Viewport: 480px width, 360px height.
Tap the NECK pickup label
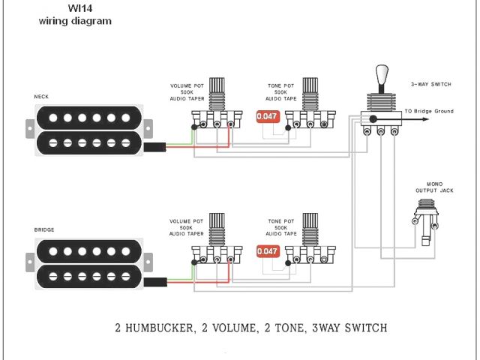(41, 97)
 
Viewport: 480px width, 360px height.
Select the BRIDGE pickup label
(44, 229)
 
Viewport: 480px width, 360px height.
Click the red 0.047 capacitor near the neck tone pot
(267, 116)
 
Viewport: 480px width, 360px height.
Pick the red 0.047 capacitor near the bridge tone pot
(267, 251)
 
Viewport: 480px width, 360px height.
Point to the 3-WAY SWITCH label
(430, 84)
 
